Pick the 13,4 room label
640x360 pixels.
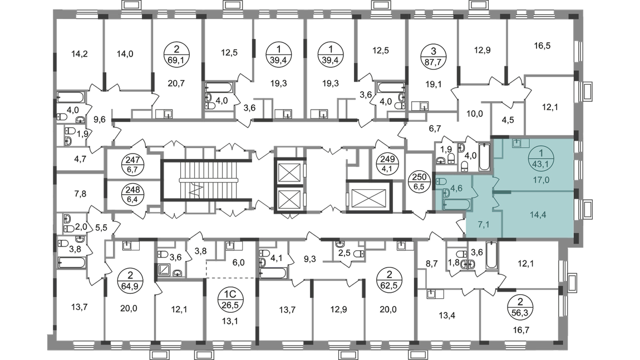click(448, 317)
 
